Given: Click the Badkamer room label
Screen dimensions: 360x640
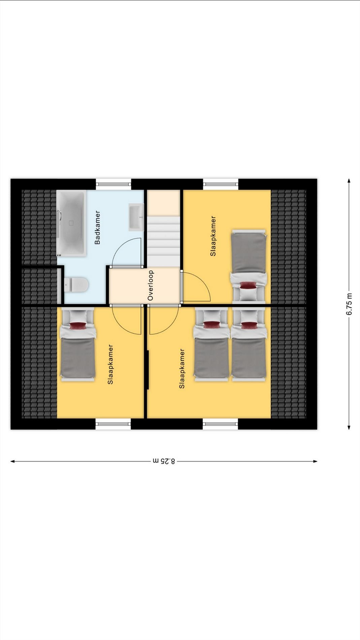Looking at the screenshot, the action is tap(97, 227).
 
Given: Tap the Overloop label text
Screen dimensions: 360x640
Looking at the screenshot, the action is tap(150, 285).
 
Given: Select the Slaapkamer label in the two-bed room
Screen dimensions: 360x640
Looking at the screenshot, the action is tap(182, 369).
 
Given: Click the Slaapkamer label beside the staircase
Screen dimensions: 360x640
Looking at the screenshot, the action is tap(213, 236).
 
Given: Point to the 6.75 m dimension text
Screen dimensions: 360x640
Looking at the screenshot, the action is tap(349, 304).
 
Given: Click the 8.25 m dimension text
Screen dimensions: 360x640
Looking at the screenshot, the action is tap(164, 461).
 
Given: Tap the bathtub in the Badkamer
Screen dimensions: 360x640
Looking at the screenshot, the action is tap(71, 223).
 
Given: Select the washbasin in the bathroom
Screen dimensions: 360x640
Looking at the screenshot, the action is tap(136, 217).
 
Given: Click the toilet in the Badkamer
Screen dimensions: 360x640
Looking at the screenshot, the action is tap(76, 285).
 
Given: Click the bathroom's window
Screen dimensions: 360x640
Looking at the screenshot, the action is tap(113, 184).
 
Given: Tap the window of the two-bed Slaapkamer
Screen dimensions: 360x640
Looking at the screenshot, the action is tap(220, 424).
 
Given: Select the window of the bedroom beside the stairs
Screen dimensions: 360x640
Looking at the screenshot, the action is tap(221, 184).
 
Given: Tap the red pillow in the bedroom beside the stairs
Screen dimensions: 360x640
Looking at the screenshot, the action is tap(248, 285).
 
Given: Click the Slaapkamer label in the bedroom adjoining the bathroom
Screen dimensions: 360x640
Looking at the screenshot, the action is tap(110, 364).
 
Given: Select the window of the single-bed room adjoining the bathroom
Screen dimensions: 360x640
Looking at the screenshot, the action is tap(113, 424).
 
